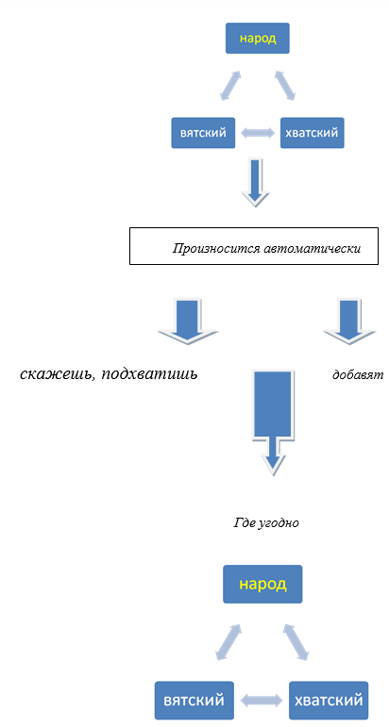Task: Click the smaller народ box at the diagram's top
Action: click(x=258, y=39)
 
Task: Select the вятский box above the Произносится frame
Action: click(x=203, y=133)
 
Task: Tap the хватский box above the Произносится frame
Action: click(x=312, y=133)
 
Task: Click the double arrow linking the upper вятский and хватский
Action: click(x=258, y=133)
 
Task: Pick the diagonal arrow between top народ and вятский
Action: click(x=230, y=85)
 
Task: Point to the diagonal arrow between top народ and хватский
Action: click(x=284, y=85)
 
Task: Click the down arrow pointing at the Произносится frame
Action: click(x=255, y=182)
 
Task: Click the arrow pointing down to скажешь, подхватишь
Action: click(x=188, y=321)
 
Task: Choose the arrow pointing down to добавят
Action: click(x=349, y=321)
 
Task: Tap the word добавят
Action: click(x=358, y=374)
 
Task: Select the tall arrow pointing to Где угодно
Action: click(x=273, y=421)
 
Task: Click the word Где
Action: click(x=242, y=523)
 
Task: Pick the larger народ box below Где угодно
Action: click(x=262, y=585)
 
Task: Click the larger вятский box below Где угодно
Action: click(x=194, y=700)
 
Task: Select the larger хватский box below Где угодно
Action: click(x=329, y=700)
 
